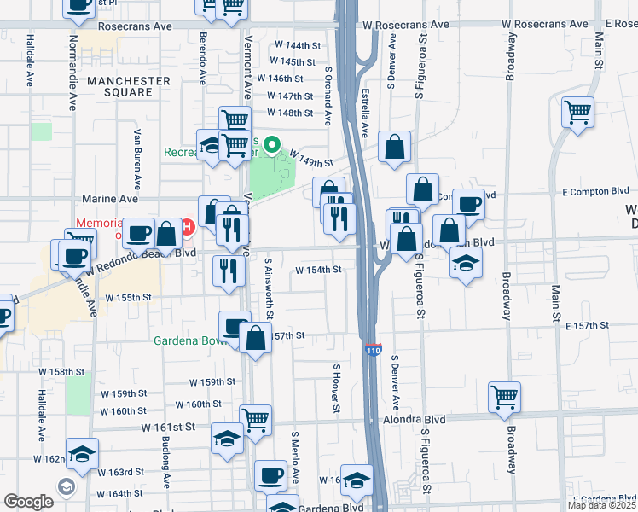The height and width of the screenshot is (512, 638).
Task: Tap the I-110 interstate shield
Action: pyautogui.click(x=374, y=350)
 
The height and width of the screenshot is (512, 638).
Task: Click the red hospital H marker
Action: pyautogui.click(x=188, y=228)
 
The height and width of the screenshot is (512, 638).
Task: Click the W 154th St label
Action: pyautogui.click(x=318, y=270)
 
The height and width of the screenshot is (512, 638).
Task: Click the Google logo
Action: pyautogui.click(x=28, y=502)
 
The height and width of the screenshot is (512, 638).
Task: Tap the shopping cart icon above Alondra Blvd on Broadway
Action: pyautogui.click(x=505, y=397)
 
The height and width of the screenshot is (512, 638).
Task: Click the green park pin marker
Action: pyautogui.click(x=272, y=146)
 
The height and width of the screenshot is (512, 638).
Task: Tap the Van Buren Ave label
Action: pyautogui.click(x=137, y=160)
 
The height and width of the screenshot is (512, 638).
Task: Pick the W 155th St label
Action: pyautogui.click(x=128, y=298)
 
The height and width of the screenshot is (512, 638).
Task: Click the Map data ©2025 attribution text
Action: pyautogui.click(x=601, y=505)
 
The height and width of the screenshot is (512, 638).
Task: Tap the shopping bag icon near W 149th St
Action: pyautogui.click(x=395, y=147)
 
